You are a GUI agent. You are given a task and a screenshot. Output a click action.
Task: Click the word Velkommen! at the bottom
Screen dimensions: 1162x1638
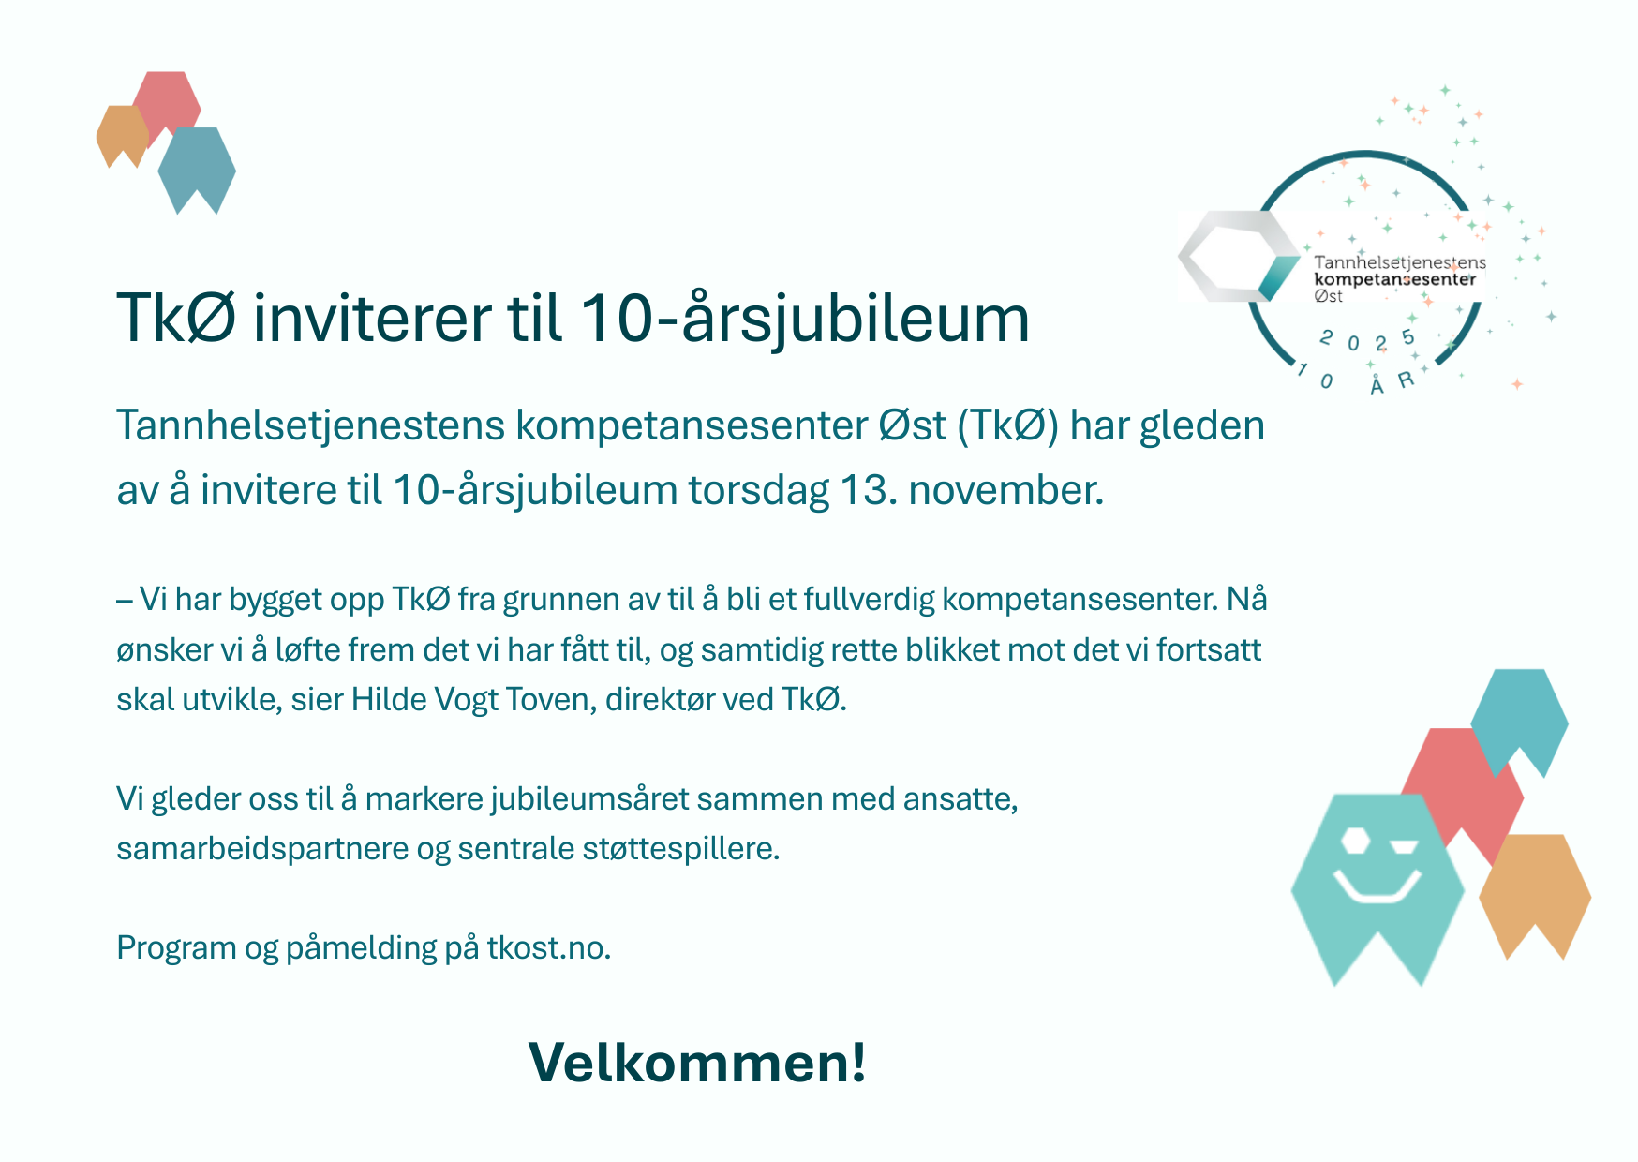(697, 1064)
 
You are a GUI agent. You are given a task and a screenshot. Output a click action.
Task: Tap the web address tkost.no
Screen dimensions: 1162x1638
(548, 948)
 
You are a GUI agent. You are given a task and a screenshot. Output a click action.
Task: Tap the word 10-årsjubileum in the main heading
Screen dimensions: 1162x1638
(804, 319)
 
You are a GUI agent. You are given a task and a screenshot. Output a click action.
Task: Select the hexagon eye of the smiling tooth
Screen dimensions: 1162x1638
(1354, 840)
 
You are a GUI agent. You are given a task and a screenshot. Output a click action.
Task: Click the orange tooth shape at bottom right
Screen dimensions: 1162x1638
(1534, 886)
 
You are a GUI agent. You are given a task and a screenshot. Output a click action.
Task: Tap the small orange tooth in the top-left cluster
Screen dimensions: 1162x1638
(122, 134)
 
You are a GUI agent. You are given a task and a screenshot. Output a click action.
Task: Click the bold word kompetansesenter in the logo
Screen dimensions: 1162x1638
(1394, 279)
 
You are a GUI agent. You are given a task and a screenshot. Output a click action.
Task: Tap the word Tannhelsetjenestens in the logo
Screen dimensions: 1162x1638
(1399, 262)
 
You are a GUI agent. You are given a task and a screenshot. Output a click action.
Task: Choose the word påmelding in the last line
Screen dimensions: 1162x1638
(361, 948)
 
